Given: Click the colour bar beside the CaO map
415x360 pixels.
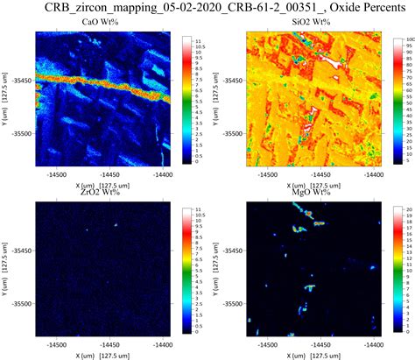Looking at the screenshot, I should [x=186, y=99].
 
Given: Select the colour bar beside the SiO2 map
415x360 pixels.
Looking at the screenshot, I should [x=397, y=99].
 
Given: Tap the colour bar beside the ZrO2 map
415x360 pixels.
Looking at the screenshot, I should [x=186, y=269].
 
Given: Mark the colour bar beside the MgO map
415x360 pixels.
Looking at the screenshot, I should [x=397, y=269].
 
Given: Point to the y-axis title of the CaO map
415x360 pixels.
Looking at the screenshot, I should [x=6, y=99].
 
